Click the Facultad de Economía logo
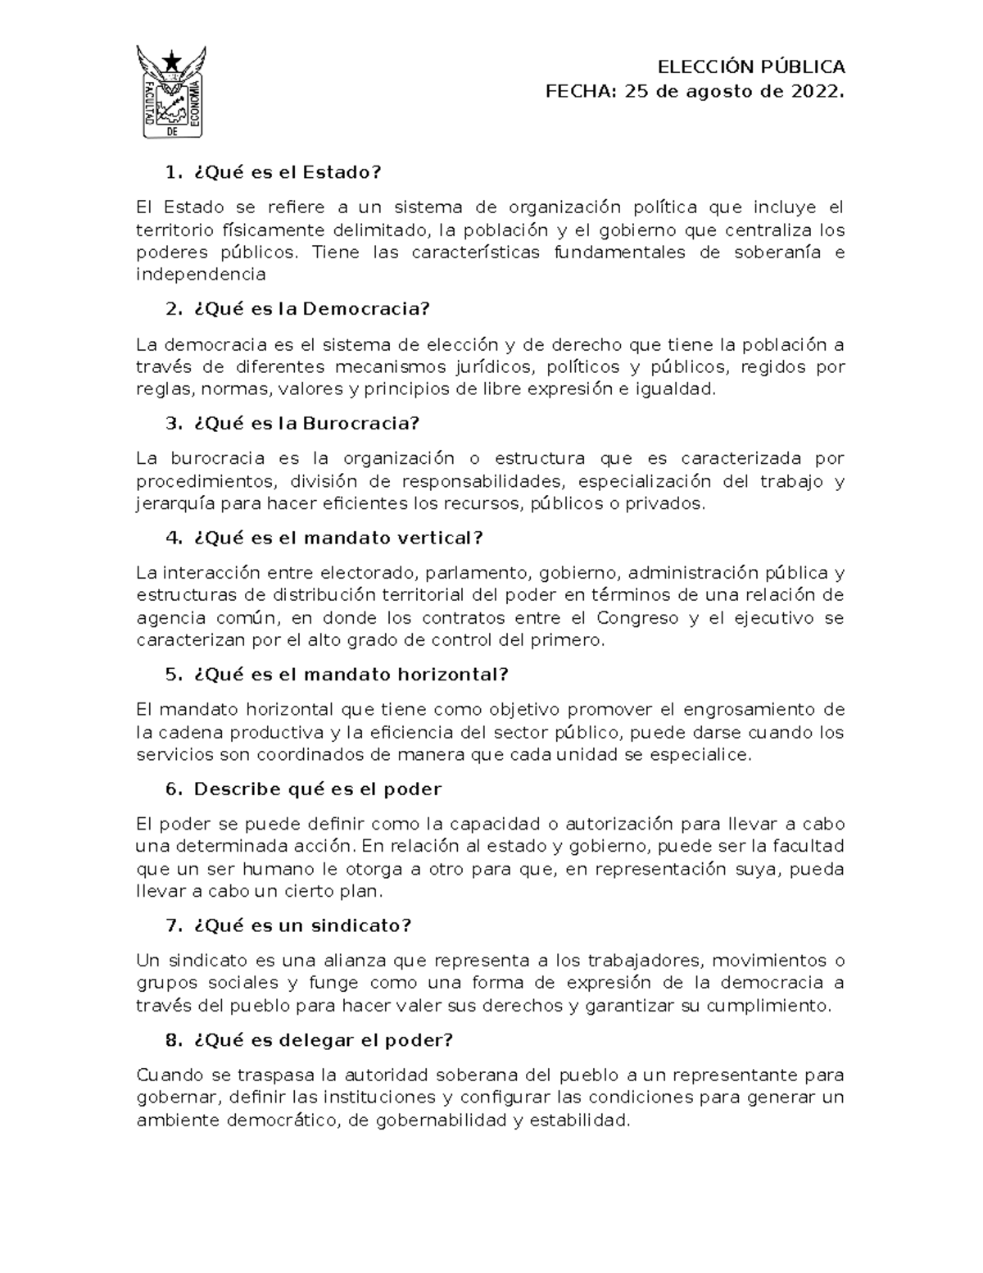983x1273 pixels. tap(170, 92)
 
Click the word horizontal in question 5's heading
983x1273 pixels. tap(452, 675)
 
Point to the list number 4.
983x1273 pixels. tap(172, 539)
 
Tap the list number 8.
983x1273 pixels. tap(172, 1040)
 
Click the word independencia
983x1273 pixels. tap(201, 275)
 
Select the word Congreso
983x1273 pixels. tap(637, 617)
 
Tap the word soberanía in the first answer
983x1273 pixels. tap(776, 252)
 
